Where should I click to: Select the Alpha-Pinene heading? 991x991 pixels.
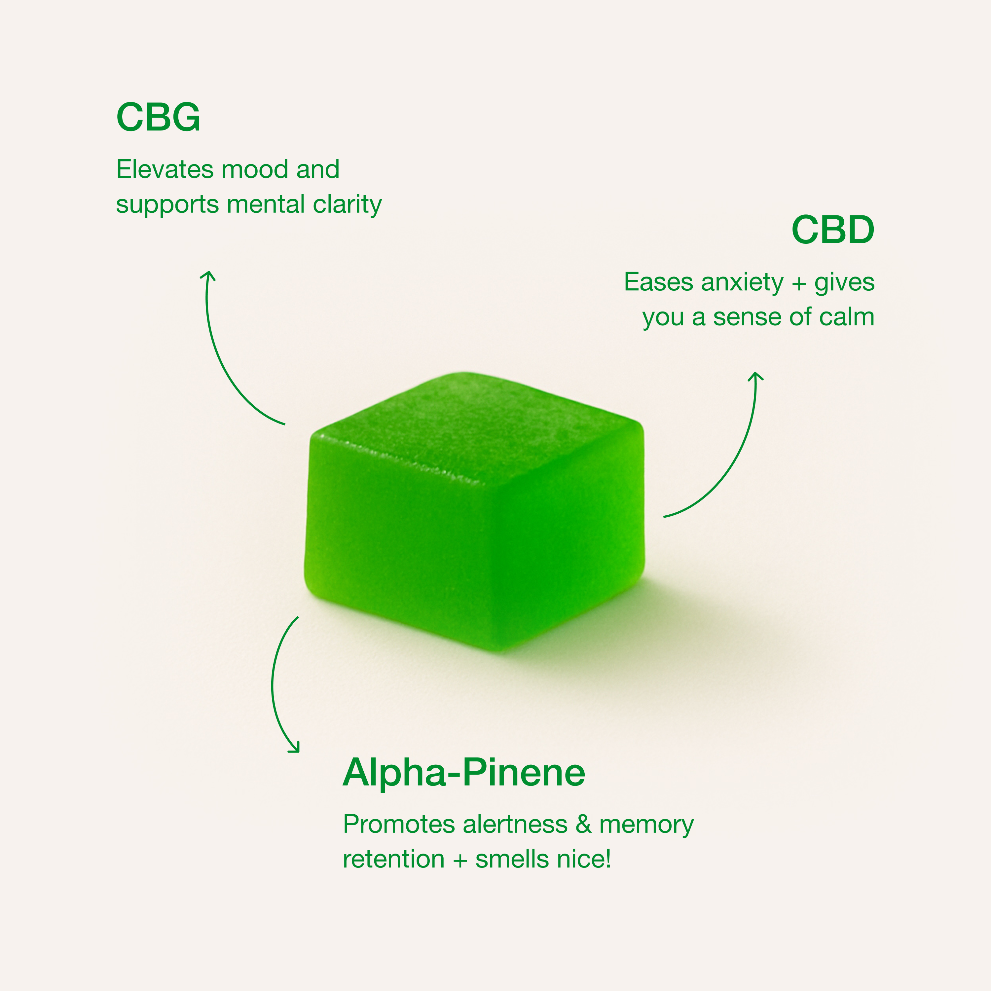pyautogui.click(x=464, y=773)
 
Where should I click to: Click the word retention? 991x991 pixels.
pyautogui.click(x=393, y=860)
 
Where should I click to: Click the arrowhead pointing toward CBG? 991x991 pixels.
pyautogui.click(x=207, y=275)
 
